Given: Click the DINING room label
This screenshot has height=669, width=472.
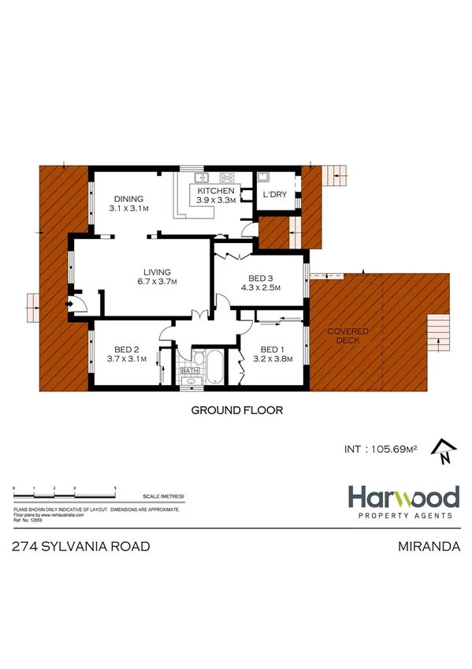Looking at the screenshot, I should coord(128,199).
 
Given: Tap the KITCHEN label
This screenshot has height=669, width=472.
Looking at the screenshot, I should coord(215,192).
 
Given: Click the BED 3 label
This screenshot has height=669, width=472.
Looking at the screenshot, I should coord(261,278).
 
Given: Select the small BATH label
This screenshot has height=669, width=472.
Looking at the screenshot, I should coord(190,370).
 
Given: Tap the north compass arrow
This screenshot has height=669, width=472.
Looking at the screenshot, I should coord(444,450).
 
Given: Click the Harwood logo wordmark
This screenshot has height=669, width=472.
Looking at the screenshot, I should coord(404,497).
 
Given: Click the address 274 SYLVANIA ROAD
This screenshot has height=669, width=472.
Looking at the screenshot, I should coord(83,546).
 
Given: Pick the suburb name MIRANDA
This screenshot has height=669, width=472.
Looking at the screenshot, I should coord(429,546).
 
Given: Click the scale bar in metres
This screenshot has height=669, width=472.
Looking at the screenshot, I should coord(65,491).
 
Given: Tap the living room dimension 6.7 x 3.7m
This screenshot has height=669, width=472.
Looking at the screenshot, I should coord(157,282).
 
